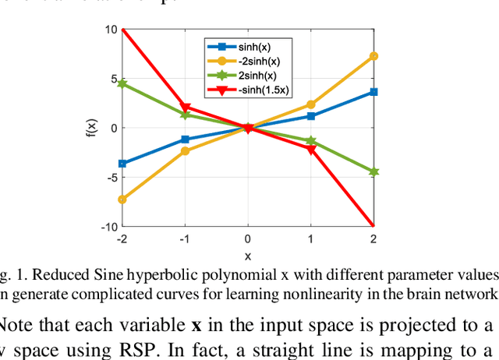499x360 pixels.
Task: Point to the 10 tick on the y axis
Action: tap(111, 30)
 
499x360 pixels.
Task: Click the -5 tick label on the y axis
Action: tap(111, 177)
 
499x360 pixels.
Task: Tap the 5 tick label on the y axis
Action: tap(113, 79)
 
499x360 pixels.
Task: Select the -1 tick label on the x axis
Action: tap(184, 238)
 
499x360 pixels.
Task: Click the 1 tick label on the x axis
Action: tap(311, 238)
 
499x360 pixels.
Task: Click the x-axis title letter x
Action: tap(248, 254)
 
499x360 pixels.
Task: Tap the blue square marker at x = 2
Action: tap(373, 92)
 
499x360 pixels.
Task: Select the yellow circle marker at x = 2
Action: tap(373, 56)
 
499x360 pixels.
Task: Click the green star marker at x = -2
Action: tap(122, 83)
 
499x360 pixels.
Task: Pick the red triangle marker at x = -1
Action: tap(185, 108)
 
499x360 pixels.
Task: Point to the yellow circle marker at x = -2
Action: tap(122, 199)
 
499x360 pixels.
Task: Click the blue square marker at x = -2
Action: tap(122, 164)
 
